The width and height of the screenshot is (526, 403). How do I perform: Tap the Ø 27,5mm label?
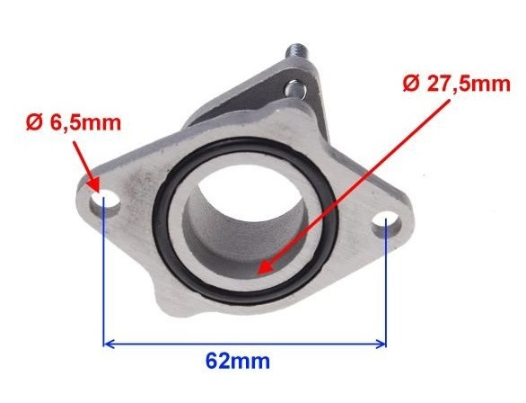click(x=457, y=84)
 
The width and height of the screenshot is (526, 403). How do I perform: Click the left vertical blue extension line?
click(x=105, y=279)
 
